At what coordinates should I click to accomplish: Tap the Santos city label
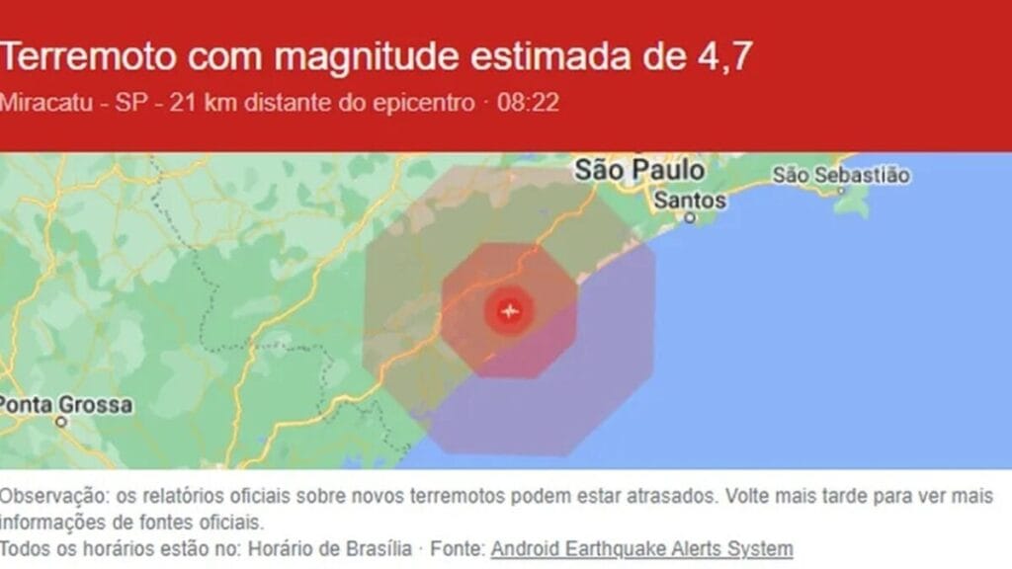pyautogui.click(x=690, y=201)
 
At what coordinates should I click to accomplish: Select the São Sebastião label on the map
pyautogui.click(x=840, y=175)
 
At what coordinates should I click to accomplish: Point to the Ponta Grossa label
pyautogui.click(x=65, y=405)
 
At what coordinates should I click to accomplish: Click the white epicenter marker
pyautogui.click(x=510, y=311)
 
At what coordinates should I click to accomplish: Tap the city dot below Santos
pyautogui.click(x=690, y=217)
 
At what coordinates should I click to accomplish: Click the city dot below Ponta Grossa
pyautogui.click(x=61, y=422)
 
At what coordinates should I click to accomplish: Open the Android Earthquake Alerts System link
pyautogui.click(x=641, y=548)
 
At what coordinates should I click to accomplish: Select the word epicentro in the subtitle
pyautogui.click(x=424, y=103)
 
